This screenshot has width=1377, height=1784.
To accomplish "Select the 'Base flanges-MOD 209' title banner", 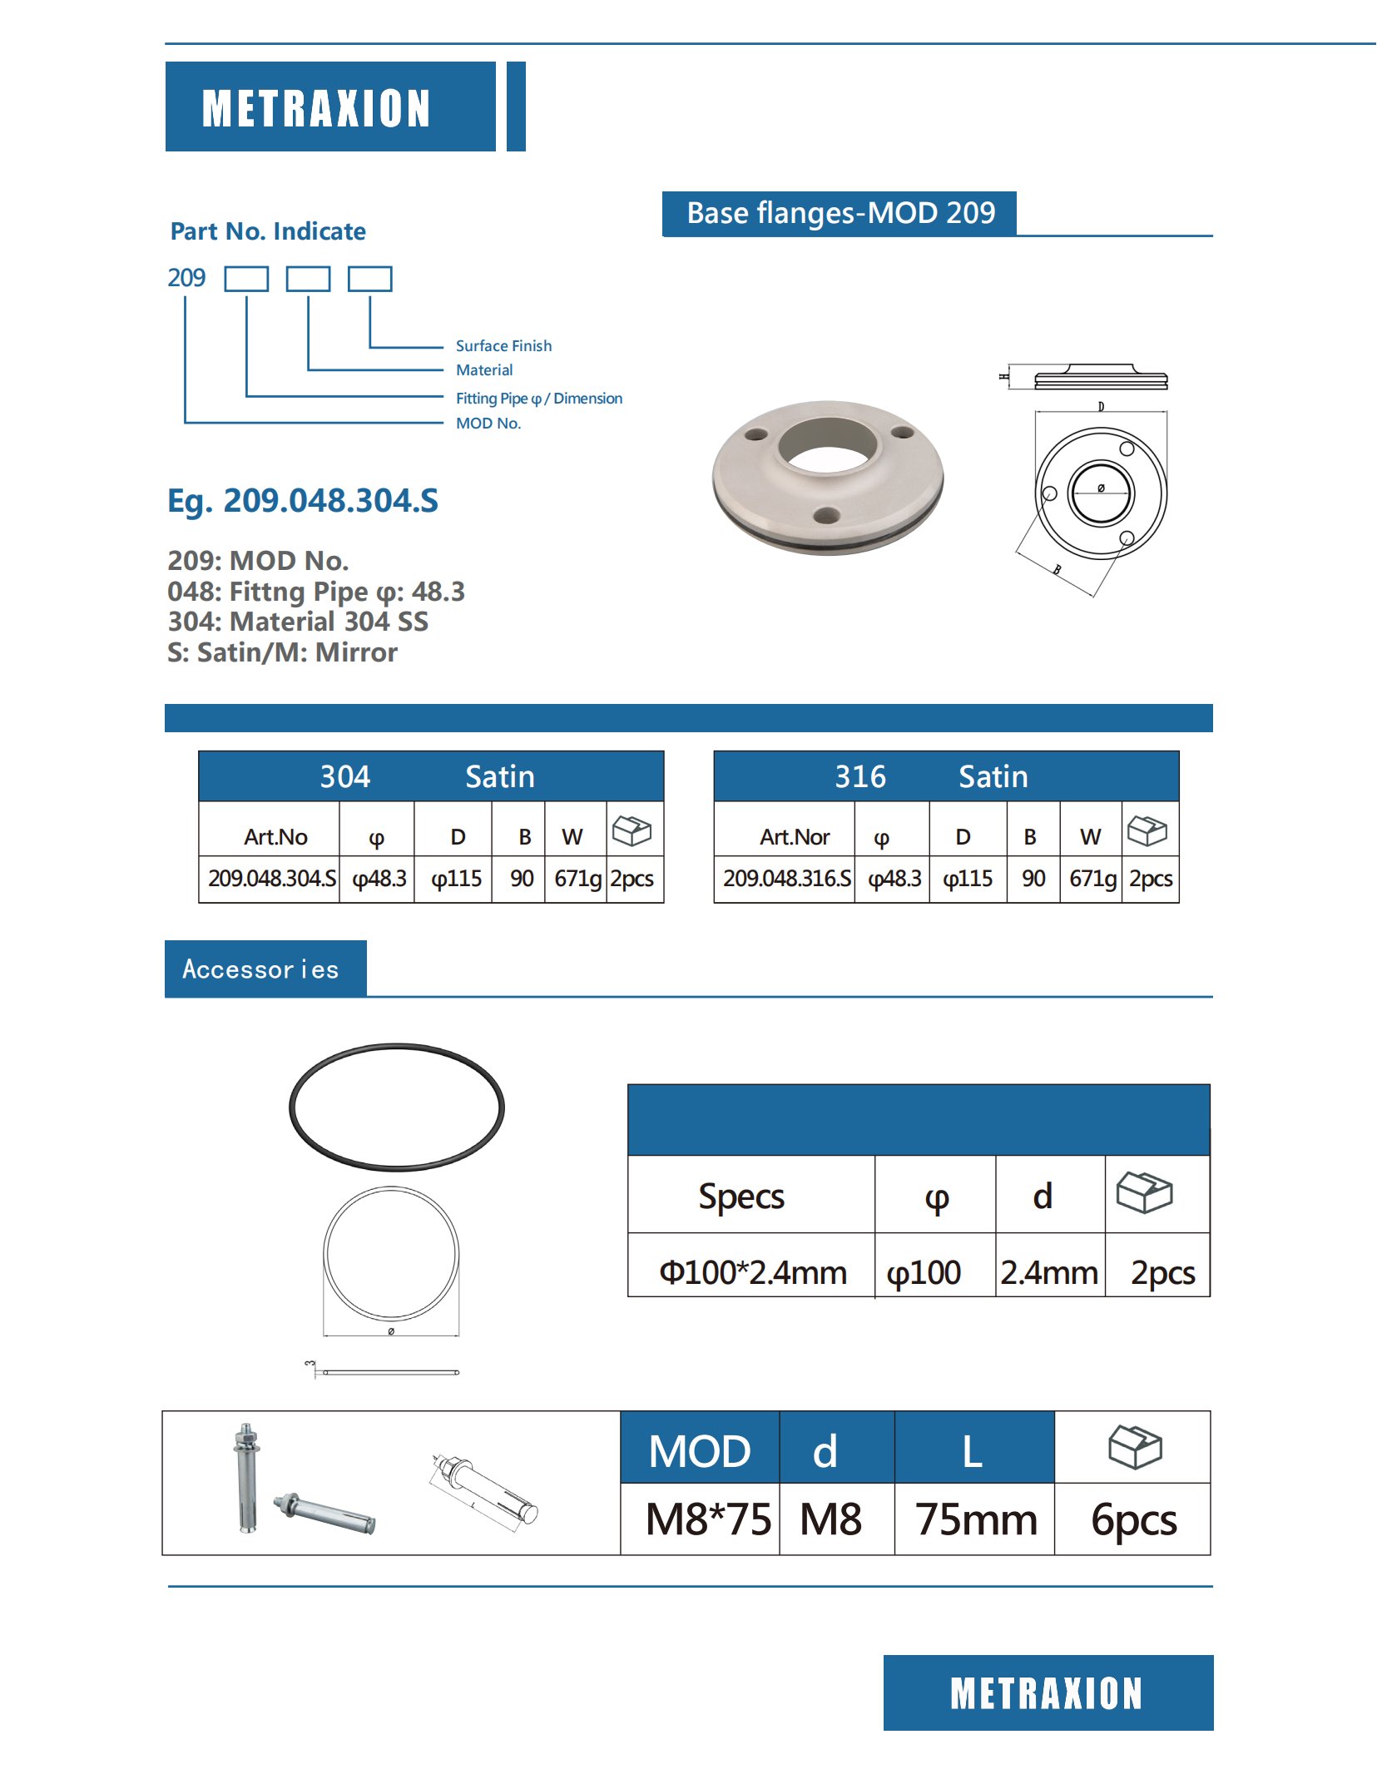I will tap(840, 214).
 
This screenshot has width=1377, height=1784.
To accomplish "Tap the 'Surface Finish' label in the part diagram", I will tap(503, 345).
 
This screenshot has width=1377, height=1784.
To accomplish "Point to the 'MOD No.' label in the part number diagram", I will tap(488, 423).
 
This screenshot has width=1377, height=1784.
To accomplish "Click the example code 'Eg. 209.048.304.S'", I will tap(303, 500).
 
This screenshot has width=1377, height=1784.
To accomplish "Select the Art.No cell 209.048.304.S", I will tap(271, 879).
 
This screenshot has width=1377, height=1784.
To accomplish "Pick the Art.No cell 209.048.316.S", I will tap(786, 879).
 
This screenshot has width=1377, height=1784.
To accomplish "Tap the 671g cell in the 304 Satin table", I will tap(577, 879).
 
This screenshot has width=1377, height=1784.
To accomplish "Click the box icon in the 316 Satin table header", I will tap(1147, 830).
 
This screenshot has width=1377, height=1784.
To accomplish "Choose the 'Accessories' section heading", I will tap(260, 969).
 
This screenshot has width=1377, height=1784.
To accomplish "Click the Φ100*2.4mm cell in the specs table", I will tap(752, 1272).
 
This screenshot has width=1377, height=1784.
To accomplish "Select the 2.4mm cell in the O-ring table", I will tap(1049, 1272).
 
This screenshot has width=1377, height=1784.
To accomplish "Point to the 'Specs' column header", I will tap(741, 1197).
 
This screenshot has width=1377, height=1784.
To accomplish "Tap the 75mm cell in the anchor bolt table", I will tap(976, 1519).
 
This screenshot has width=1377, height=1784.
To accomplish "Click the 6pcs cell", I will tap(1133, 1519).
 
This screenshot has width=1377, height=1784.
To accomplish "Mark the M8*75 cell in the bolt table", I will tap(708, 1519).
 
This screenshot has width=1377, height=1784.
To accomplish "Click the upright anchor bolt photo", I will tap(245, 1477).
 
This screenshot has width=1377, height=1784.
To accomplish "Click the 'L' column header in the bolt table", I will tap(972, 1451).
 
